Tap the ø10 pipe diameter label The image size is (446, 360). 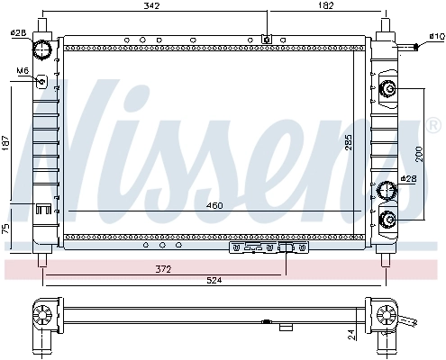point(435,36)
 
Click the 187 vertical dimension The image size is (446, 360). point(8,145)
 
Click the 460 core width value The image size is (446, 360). point(214,206)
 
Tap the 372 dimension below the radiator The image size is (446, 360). point(162,268)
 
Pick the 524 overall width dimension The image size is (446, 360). point(213,281)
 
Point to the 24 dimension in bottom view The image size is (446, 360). point(352,334)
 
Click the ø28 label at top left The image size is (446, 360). point(16,33)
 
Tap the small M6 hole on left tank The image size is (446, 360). point(41,81)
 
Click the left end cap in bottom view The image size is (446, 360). point(41,316)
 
